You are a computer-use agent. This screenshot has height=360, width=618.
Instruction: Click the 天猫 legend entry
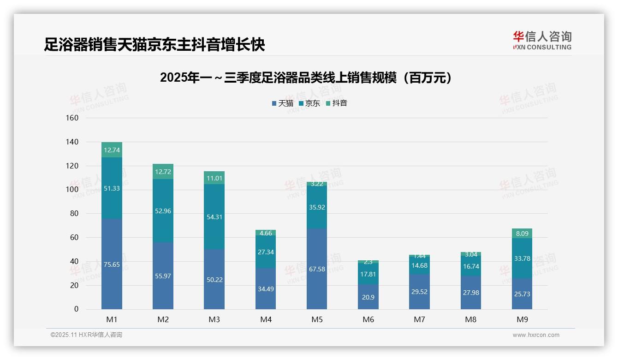coord(282,103)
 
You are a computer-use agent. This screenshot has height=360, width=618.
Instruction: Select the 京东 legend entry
coord(309,103)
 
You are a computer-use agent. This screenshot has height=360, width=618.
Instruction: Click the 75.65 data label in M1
coord(112,264)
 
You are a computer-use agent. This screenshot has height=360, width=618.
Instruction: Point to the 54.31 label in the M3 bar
coord(214,217)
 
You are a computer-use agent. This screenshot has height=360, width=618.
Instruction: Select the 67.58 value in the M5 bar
coord(317,269)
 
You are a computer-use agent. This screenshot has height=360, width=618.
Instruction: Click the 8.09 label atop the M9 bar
coord(522,234)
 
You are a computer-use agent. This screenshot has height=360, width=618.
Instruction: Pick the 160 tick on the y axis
coord(72,118)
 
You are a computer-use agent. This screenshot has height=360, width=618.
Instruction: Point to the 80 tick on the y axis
coord(74,214)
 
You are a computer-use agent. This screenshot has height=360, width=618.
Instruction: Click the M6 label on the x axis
coord(368,319)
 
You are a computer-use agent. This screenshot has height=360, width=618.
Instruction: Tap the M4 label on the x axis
coord(266,319)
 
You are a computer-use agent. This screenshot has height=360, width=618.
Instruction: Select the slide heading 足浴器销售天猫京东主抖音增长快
coord(154,44)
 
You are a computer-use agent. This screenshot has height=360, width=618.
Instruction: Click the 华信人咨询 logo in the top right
coord(542,41)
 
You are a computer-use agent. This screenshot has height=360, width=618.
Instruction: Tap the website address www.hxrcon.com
coord(536,335)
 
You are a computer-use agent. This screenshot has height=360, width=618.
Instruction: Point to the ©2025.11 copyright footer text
coord(86,335)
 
